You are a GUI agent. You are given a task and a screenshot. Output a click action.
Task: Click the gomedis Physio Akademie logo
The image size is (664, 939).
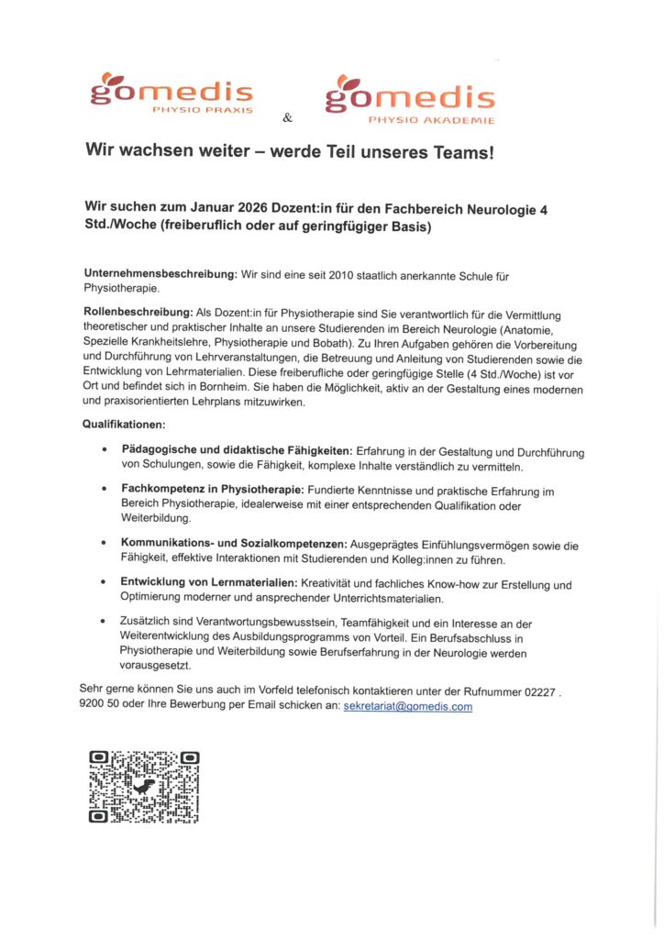tap(410, 96)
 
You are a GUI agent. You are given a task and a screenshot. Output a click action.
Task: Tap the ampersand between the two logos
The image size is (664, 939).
tap(287, 117)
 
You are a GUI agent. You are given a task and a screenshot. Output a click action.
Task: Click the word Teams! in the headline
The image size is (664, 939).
tap(462, 153)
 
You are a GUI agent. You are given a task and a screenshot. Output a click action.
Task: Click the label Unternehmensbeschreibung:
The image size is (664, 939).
tap(160, 274)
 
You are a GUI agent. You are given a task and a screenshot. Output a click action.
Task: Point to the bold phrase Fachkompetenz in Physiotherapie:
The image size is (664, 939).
tap(213, 491)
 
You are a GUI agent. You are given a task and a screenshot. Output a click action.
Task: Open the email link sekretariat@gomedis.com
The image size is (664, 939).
tap(407, 707)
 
